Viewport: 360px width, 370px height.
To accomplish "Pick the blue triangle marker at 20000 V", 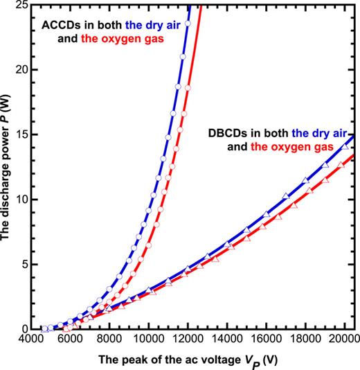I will (x=345, y=147).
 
